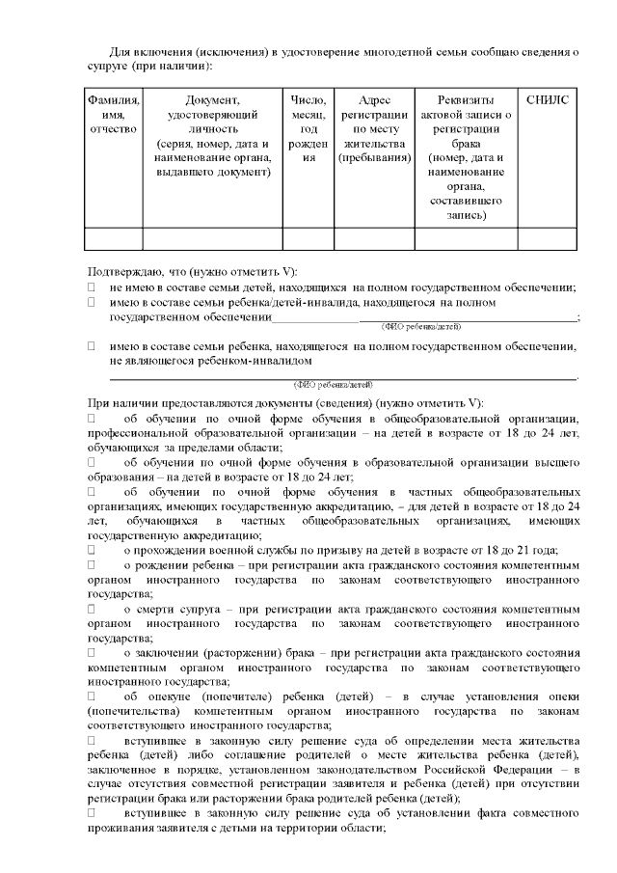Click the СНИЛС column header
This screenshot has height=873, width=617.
(x=548, y=99)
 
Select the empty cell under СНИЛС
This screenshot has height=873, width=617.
(x=548, y=238)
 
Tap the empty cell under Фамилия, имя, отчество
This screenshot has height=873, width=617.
(x=114, y=238)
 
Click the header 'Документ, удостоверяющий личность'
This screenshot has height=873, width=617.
(x=213, y=136)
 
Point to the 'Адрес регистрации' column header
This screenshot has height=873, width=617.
(x=374, y=128)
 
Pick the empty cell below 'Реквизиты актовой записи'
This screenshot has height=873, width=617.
(x=466, y=238)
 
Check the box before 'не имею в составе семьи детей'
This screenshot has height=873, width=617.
(x=93, y=287)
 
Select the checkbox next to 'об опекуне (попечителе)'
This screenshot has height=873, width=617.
(x=93, y=696)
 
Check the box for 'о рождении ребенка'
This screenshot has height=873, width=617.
(x=93, y=564)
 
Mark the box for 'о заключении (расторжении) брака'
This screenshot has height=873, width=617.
(x=93, y=653)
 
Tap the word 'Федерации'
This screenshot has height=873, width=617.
(x=526, y=769)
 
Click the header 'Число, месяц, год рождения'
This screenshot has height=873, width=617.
(x=308, y=128)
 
